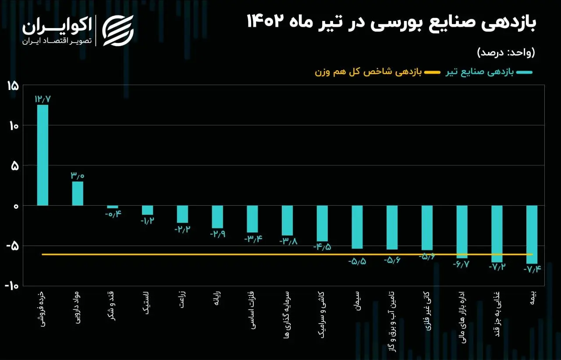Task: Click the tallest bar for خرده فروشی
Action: (x=43, y=155)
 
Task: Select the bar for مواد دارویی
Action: (x=78, y=193)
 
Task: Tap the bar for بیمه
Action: (x=532, y=234)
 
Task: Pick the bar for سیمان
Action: (x=357, y=227)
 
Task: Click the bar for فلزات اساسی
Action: (x=252, y=219)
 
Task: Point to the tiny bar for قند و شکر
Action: (x=113, y=207)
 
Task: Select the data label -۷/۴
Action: (x=532, y=269)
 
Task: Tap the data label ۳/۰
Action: (x=77, y=176)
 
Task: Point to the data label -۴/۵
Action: (x=322, y=246)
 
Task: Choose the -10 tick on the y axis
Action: (x=12, y=285)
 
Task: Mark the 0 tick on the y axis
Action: (x=15, y=206)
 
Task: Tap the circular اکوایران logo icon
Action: (x=118, y=30)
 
